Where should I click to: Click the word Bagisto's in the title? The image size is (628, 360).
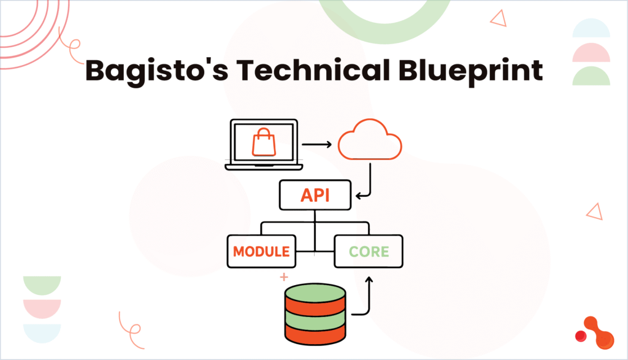click(156, 71)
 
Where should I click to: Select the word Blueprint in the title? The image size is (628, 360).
click(470, 71)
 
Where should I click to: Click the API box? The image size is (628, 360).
click(315, 195)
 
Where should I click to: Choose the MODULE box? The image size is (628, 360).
click(261, 251)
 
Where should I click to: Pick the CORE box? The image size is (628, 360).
click(369, 251)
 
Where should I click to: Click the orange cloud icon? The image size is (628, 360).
click(370, 139)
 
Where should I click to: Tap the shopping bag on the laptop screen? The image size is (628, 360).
click(264, 142)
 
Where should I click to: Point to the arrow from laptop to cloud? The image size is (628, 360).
click(317, 144)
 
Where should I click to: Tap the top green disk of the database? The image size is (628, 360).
click(315, 293)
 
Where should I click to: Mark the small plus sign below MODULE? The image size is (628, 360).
click(284, 277)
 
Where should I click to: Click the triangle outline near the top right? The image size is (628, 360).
click(499, 18)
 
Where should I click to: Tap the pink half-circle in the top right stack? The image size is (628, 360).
click(591, 53)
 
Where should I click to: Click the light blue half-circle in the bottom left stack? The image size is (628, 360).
click(42, 333)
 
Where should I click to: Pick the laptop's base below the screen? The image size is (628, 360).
click(264, 167)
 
